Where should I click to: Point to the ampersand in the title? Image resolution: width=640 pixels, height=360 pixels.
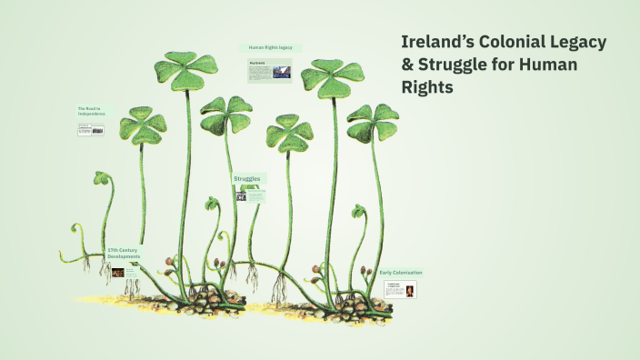pos(408,65)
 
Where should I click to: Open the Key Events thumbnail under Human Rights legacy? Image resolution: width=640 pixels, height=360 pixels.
pos(269,70)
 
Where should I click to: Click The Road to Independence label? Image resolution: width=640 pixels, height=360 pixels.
pos(91,112)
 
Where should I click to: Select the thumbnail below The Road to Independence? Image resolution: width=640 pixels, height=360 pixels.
pos(91,130)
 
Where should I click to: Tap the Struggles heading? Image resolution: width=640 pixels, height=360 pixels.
pos(247,179)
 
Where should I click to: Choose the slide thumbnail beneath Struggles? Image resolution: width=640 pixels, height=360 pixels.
pos(247,193)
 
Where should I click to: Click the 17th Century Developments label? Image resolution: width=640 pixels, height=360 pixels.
pos(124,253)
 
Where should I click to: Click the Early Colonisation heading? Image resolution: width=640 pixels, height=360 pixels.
pos(401,273)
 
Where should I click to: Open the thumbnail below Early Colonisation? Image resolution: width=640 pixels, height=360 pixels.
pos(401,291)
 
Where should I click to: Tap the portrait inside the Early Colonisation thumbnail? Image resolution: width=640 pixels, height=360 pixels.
pos(409,292)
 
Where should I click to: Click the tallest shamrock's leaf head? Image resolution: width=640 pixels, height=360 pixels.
pos(186,70)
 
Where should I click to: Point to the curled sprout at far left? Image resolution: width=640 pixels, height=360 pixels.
pos(101,179)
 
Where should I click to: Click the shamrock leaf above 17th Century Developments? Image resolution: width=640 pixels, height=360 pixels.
pos(143,125)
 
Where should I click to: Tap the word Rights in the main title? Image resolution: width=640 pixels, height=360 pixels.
pos(424,88)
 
